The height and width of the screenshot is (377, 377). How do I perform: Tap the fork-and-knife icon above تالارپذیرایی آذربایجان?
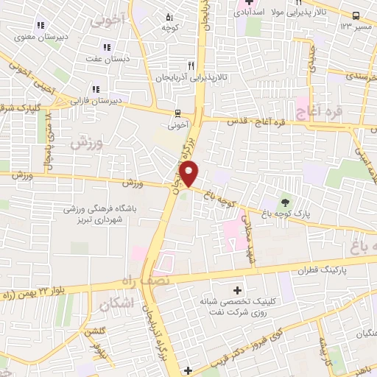coord(191,65)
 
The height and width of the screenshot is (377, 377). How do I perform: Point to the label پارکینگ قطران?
coord(322,271)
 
